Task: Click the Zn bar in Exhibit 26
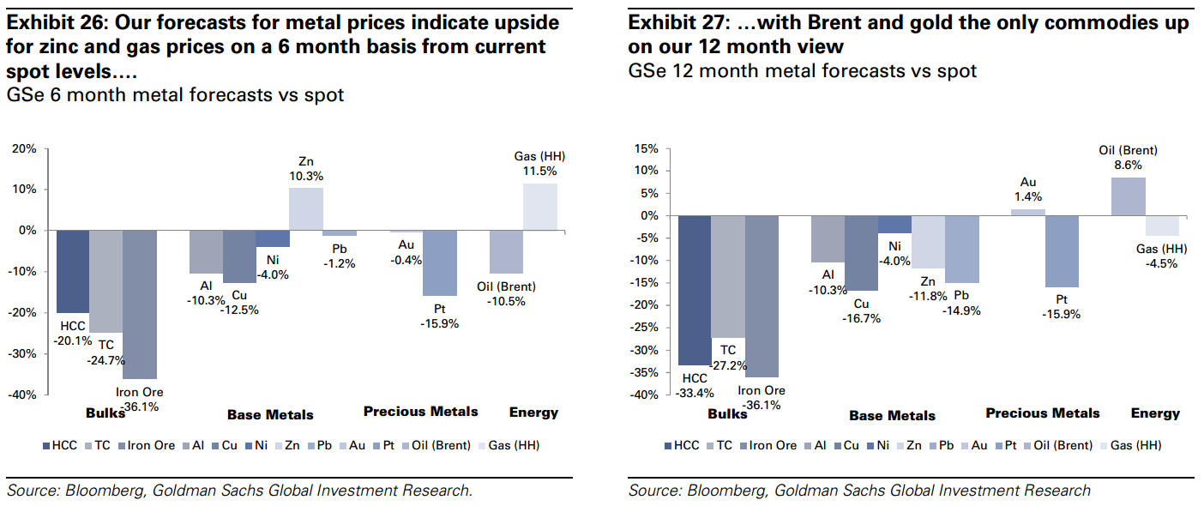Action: pos(305,208)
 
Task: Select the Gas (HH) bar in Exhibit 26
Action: pos(539,207)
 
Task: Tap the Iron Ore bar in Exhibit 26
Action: pos(139,304)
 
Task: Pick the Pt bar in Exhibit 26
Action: pos(440,262)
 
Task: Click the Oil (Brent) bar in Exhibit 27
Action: pos(1128,196)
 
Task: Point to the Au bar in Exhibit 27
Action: pos(1027,212)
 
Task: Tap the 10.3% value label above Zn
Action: pos(305,176)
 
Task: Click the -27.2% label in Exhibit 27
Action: pos(728,365)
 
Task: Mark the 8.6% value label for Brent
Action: pos(1129,164)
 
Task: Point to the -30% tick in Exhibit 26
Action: pos(23,353)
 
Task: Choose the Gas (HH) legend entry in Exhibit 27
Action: pos(1136,445)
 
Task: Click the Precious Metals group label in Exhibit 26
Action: pos(420,412)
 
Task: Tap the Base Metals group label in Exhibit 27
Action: pos(892,416)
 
